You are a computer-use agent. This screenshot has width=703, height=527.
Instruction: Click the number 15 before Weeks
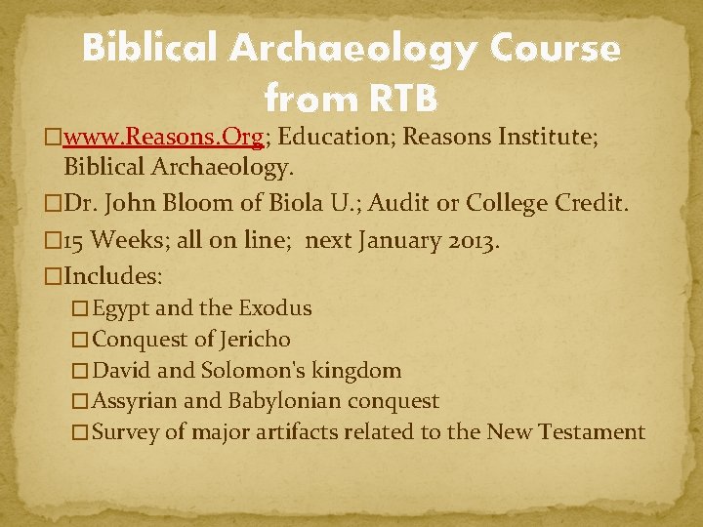[77, 242]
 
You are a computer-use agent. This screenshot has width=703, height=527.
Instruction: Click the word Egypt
[120, 308]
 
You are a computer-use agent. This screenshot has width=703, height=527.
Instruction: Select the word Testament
[594, 432]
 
